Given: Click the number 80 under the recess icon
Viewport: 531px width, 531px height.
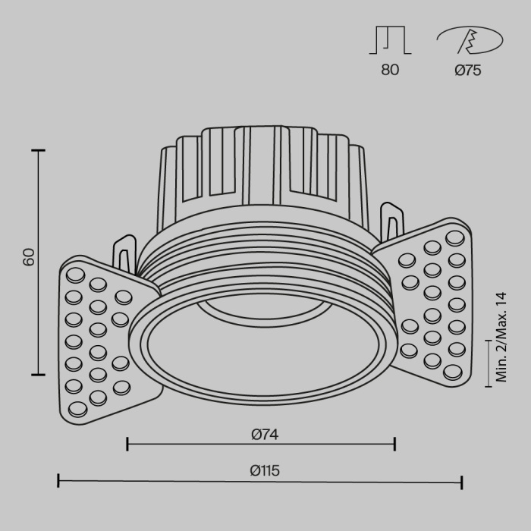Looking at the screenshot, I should coord(390,70).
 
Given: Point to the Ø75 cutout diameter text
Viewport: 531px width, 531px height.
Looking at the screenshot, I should coord(468,70).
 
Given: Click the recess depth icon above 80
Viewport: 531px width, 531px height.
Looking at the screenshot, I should coord(390,40).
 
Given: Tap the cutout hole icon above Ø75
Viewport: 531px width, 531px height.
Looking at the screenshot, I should coord(468,39).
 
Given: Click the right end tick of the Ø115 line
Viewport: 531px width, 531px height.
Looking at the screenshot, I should coord(462,481).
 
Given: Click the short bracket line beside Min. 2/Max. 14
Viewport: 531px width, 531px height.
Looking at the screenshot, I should coord(487,362).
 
